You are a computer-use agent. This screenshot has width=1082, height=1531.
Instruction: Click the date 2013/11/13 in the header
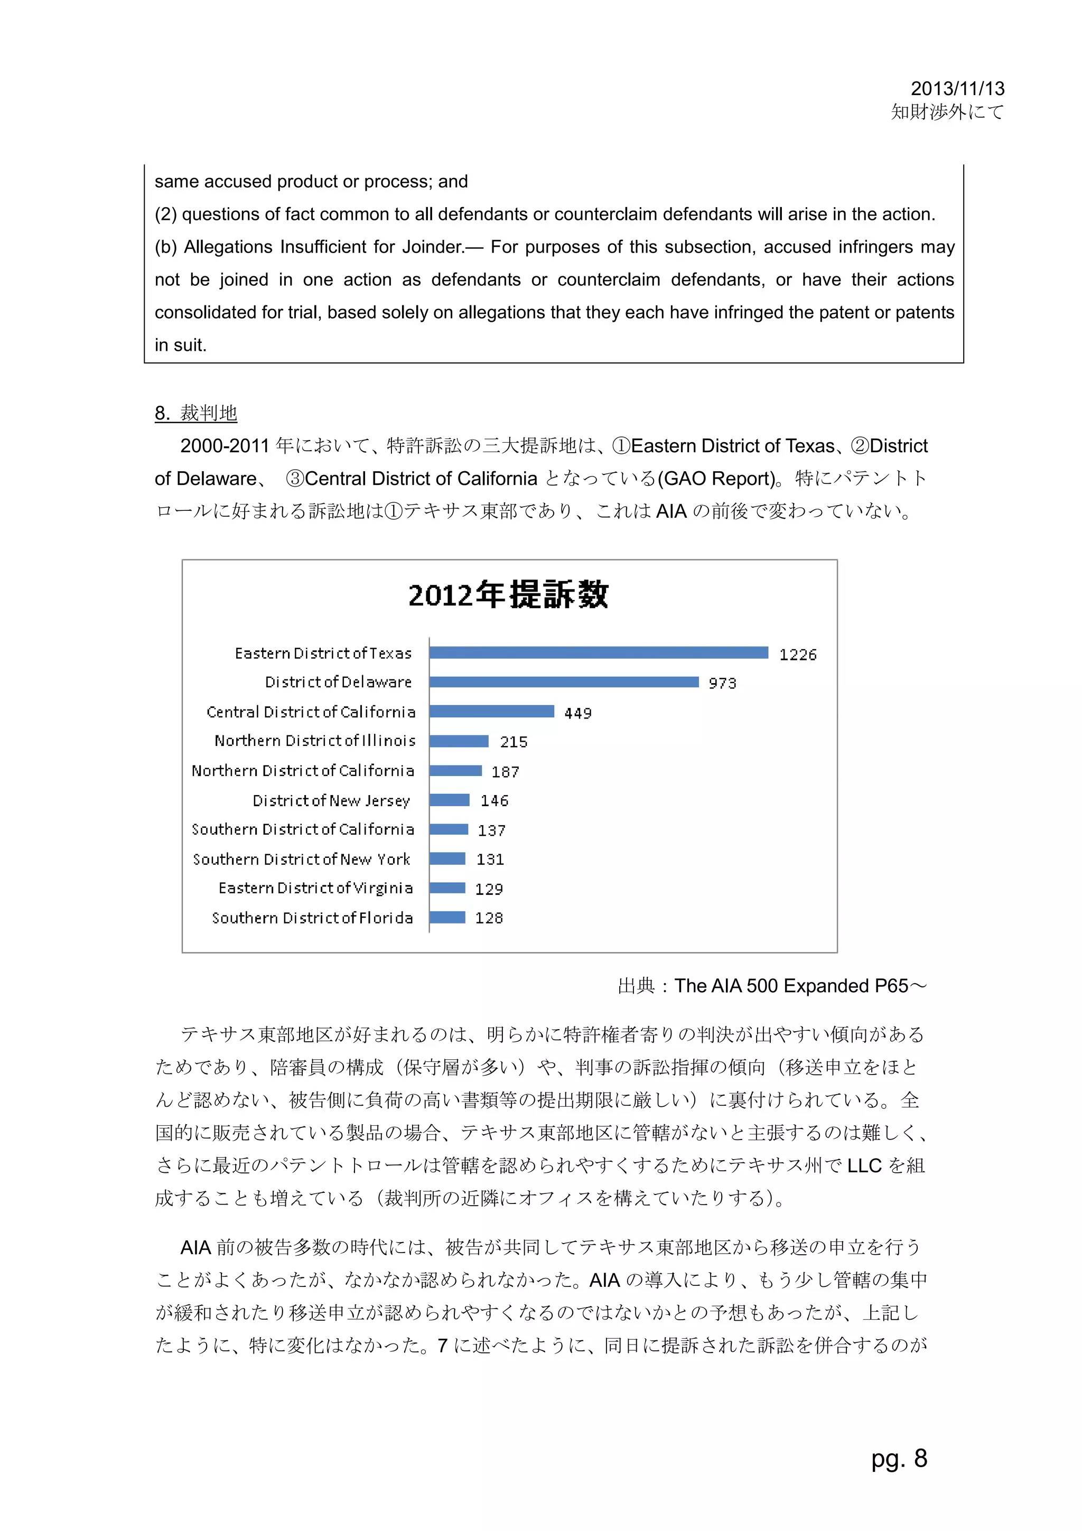[x=957, y=88]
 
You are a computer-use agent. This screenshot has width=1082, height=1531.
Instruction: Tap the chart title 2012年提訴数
[x=508, y=594]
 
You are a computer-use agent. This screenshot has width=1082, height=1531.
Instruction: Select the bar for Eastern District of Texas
[x=598, y=653]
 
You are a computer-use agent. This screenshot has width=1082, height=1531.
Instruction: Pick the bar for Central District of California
[x=491, y=712]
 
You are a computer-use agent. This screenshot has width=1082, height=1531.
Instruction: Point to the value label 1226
[x=797, y=655]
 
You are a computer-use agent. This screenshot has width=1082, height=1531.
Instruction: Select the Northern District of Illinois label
[x=315, y=741]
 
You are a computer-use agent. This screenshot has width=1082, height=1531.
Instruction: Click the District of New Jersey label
[x=331, y=800]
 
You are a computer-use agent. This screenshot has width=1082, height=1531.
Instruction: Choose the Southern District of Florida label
[x=312, y=918]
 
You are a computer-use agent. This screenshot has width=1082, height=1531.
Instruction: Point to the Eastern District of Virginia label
[x=315, y=888]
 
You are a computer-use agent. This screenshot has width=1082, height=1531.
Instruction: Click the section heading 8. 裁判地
[x=195, y=413]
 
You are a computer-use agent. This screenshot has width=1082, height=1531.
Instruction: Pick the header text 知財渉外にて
[x=947, y=112]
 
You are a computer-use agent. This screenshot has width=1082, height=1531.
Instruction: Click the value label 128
[x=489, y=918]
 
